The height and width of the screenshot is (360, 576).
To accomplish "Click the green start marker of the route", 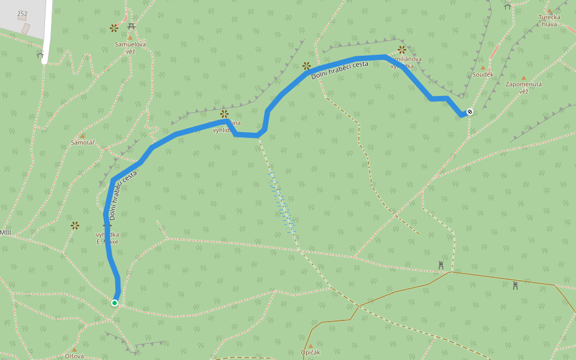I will pyautogui.click(x=115, y=303).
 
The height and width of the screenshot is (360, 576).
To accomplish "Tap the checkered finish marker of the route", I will pyautogui.click(x=470, y=112).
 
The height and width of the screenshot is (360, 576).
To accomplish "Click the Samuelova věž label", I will pyautogui.click(x=130, y=47).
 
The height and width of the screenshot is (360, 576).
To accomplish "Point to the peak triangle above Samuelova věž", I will pyautogui.click(x=129, y=37).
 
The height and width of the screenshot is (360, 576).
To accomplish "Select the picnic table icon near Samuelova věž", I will pyautogui.click(x=131, y=26).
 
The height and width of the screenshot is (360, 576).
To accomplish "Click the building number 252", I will pyautogui.click(x=22, y=13).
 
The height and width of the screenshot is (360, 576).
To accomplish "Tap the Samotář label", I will pyautogui.click(x=83, y=142).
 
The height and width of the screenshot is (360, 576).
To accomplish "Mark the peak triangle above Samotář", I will pyautogui.click(x=82, y=136).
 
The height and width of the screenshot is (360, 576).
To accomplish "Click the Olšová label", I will pyautogui.click(x=74, y=356).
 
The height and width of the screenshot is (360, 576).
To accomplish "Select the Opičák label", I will pyautogui.click(x=311, y=352).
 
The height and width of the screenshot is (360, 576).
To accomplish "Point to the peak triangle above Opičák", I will pyautogui.click(x=311, y=346).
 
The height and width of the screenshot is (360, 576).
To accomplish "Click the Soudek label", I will pyautogui.click(x=482, y=74).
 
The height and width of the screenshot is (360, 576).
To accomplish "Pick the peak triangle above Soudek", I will pyautogui.click(x=482, y=68).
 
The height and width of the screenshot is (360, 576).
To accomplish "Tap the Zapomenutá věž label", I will pyautogui.click(x=524, y=88).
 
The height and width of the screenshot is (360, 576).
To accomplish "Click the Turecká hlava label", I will pyautogui.click(x=549, y=21).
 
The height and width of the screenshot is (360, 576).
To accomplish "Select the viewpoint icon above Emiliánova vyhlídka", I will pyautogui.click(x=402, y=50).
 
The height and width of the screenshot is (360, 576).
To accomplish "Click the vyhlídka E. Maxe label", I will pyautogui.click(x=107, y=238).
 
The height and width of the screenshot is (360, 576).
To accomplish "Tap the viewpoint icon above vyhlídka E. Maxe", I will pyautogui.click(x=75, y=226).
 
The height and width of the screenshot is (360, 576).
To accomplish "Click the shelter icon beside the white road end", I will pyautogui.click(x=40, y=55).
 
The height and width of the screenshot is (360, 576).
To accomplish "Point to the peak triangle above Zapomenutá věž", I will pyautogui.click(x=523, y=78).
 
